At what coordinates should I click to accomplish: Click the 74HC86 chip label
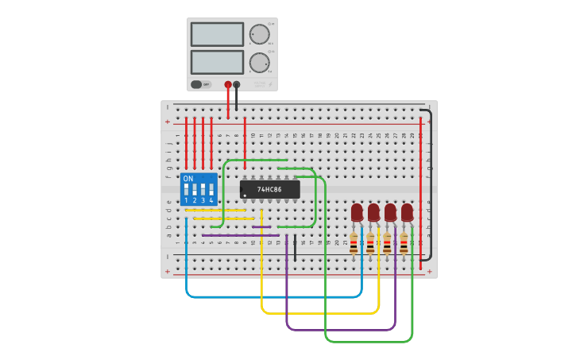point(270,189)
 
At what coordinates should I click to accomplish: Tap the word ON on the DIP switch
point(188,179)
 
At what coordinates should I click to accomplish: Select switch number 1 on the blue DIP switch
point(186,190)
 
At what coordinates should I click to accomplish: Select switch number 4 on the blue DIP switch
point(211,190)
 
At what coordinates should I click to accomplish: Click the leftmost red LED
point(357,212)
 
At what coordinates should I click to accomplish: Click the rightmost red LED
point(407,212)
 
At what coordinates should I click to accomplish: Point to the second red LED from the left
point(373,212)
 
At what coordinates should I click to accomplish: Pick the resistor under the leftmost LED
point(354,242)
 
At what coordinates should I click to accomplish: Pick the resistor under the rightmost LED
point(404,242)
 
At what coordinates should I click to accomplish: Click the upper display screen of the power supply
point(217,34)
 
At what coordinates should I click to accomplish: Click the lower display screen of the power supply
point(217,62)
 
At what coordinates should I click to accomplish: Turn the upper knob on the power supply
point(259,34)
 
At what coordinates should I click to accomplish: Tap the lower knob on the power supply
point(259,63)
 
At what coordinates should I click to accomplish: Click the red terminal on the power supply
point(228,84)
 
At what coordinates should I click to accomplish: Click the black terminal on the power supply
point(236,84)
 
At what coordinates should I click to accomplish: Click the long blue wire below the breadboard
point(270,297)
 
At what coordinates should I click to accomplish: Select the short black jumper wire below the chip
point(295,247)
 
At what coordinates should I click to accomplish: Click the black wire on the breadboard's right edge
point(431,183)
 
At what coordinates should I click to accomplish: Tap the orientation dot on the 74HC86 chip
point(245,195)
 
